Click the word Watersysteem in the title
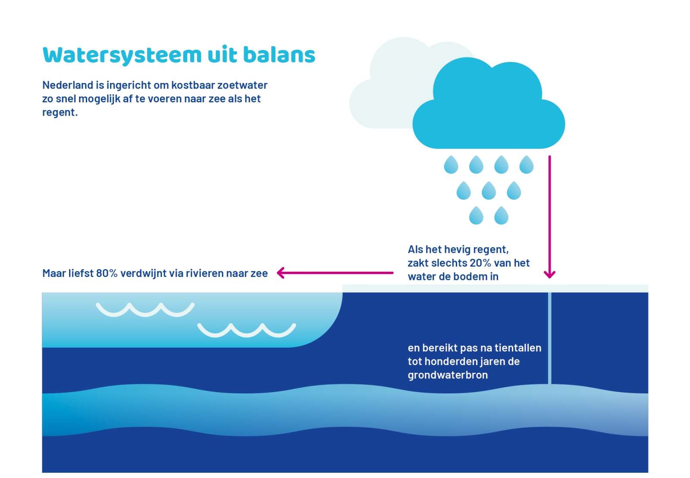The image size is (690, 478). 122,56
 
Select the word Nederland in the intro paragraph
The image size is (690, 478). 68,85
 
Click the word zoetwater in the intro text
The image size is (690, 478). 242,85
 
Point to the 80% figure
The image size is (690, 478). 107,273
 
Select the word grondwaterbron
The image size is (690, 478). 448,375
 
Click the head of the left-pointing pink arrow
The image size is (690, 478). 280,273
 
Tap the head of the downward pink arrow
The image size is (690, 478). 549,275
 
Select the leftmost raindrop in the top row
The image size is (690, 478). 451,164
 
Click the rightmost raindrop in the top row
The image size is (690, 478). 527,164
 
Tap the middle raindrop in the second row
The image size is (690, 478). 489,190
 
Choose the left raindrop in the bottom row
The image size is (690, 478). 476,215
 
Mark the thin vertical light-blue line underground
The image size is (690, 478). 549,338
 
